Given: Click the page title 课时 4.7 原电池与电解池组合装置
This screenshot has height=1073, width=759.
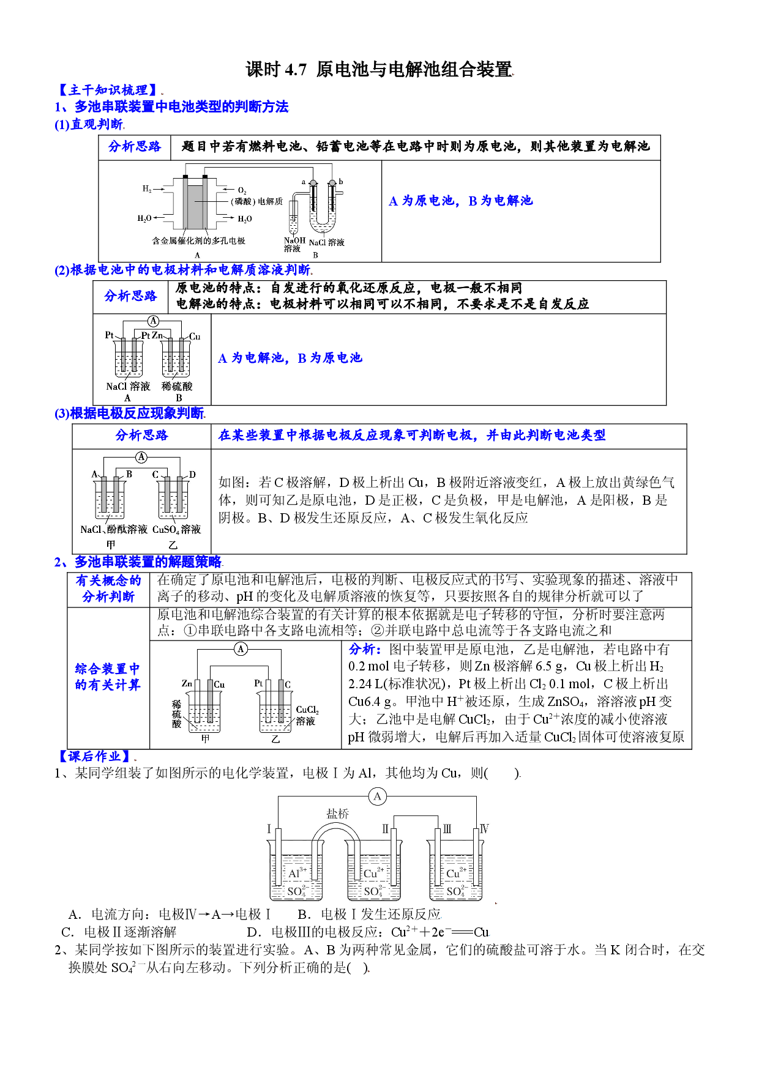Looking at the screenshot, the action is [379, 69].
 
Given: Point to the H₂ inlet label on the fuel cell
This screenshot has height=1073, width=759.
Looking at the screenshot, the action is [147, 189].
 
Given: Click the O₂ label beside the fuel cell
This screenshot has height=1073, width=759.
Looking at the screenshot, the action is [242, 191].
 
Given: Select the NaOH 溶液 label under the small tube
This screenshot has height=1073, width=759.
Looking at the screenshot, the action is [294, 245].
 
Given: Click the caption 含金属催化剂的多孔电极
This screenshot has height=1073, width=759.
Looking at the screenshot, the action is [199, 241].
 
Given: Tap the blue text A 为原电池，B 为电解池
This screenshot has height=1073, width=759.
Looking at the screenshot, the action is [461, 201].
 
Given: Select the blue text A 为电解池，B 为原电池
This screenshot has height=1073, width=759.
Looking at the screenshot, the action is [290, 358].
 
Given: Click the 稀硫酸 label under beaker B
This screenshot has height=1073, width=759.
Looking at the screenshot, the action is [177, 387].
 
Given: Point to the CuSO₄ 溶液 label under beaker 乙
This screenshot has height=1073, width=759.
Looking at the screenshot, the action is [177, 530].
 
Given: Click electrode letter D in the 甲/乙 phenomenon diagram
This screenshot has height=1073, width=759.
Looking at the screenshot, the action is [192, 474].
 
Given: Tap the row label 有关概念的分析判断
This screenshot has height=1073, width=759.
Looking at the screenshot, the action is [108, 588].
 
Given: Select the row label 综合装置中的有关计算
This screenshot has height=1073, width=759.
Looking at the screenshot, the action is [108, 677].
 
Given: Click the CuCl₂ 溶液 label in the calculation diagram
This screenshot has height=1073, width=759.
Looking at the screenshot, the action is [307, 715].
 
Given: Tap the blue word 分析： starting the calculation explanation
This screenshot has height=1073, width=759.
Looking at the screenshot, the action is [365, 649].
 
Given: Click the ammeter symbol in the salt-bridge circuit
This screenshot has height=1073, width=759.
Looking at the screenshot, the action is [378, 796].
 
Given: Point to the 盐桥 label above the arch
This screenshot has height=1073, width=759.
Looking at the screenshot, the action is [337, 814].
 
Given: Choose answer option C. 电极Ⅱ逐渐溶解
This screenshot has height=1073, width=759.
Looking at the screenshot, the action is [119, 932].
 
